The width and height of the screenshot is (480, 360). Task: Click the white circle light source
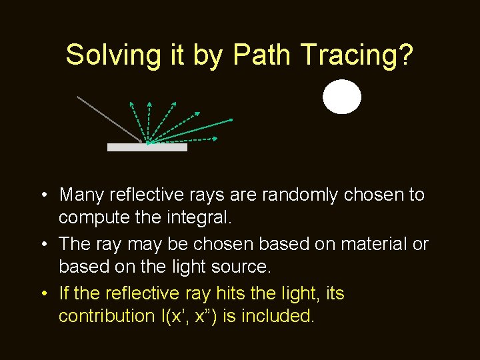point(342,97)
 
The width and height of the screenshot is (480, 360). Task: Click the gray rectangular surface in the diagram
point(147,147)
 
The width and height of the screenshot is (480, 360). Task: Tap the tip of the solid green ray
point(231,119)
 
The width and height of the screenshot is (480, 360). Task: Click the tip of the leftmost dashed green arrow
point(131,102)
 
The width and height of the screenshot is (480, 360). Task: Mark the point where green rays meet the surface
point(147,143)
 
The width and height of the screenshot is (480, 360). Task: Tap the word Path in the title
point(261,55)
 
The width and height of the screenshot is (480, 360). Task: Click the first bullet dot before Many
point(42,195)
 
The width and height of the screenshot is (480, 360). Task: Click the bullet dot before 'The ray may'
point(42,245)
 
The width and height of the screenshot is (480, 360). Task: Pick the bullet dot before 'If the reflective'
point(42,294)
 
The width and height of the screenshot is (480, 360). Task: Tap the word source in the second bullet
point(239,267)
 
